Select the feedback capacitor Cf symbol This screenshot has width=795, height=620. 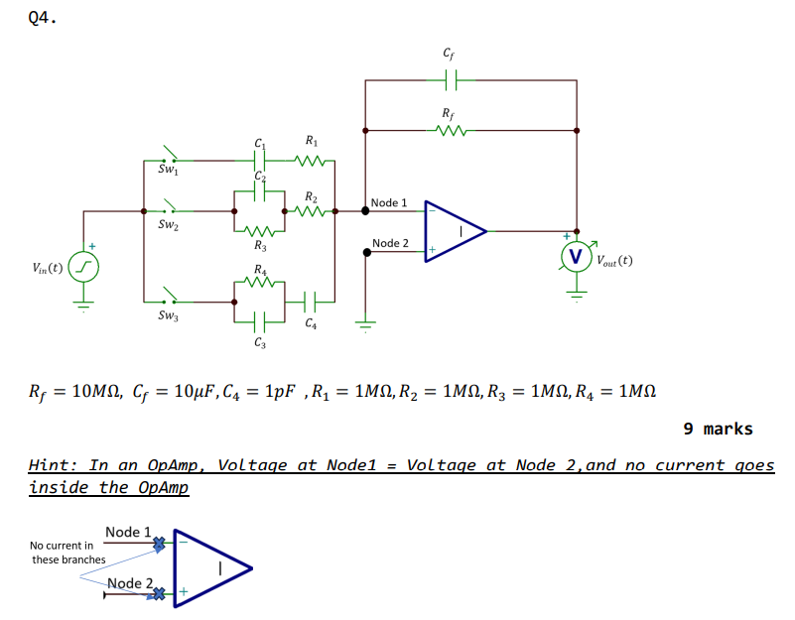(452, 78)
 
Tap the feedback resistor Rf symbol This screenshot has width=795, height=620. (452, 129)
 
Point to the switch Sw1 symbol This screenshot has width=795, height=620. (170, 157)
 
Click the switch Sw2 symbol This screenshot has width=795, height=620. (170, 209)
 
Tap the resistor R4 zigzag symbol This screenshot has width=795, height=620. (261, 282)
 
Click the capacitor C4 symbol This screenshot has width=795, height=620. (311, 300)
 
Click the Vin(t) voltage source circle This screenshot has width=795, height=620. (83, 267)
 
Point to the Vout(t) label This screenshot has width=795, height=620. (614, 262)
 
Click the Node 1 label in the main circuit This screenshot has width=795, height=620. (389, 202)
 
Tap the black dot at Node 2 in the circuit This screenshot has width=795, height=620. (367, 251)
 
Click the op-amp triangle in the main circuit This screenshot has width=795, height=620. (455, 231)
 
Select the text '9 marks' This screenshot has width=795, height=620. (718, 429)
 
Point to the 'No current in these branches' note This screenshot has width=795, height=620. (66, 553)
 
